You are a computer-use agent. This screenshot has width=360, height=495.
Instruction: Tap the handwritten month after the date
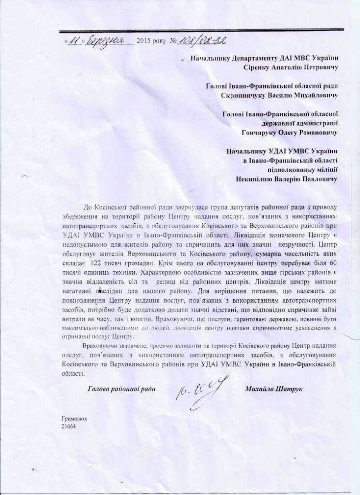105,41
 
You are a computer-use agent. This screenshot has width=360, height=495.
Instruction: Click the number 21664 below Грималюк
69,426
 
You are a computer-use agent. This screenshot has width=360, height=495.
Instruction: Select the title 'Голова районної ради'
121,389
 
